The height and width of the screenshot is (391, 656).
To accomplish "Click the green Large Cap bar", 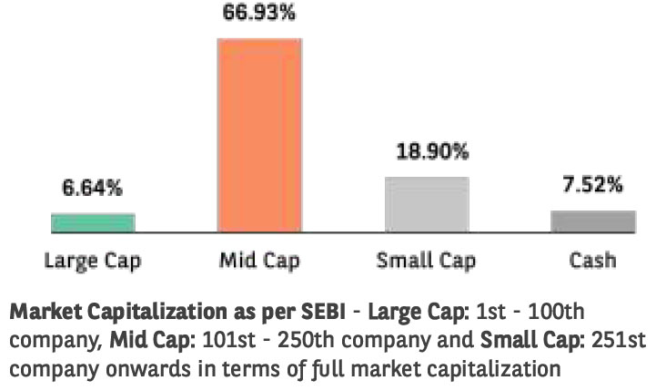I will coord(93,223).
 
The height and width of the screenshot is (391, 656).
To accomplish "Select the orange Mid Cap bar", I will coord(259,135).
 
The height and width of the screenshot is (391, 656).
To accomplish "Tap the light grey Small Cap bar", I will coord(426,204).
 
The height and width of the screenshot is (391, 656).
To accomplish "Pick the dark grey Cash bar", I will coord(592,221).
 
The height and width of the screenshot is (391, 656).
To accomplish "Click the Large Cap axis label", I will coord(93,261).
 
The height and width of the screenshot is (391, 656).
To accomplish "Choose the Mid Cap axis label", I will coord(259,261).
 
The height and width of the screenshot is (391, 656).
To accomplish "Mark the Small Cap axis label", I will coord(426,261).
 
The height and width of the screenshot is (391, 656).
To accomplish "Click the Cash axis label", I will coord(592,261).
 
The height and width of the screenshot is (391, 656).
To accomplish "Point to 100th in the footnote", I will coord(555,313).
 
